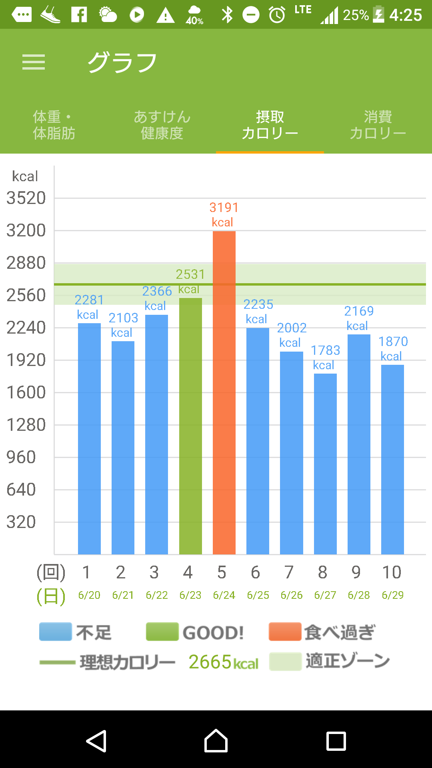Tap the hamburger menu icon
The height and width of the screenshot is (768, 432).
tap(34, 62)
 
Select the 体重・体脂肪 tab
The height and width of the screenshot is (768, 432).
tap(54, 125)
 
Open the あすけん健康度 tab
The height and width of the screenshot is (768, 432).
tap(162, 125)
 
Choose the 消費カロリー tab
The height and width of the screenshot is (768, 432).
tap(378, 125)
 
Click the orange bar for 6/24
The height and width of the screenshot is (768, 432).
tap(224, 392)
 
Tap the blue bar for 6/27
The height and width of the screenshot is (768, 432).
tap(325, 464)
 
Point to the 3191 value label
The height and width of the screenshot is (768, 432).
tap(224, 208)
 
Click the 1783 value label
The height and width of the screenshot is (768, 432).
tap(325, 350)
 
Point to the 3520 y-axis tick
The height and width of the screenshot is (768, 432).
tap(26, 198)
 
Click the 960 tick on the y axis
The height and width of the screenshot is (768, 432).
tap(21, 457)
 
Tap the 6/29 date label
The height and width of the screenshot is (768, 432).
tap(392, 595)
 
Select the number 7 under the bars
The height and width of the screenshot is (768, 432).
tap(289, 572)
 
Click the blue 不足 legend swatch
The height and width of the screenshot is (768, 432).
tap(56, 632)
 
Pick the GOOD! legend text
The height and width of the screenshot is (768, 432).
tap(213, 633)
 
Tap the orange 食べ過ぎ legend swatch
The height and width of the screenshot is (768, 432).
tap(285, 632)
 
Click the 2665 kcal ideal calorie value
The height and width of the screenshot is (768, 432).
tap(223, 662)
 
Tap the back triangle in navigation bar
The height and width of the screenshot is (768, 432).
tap(96, 741)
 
